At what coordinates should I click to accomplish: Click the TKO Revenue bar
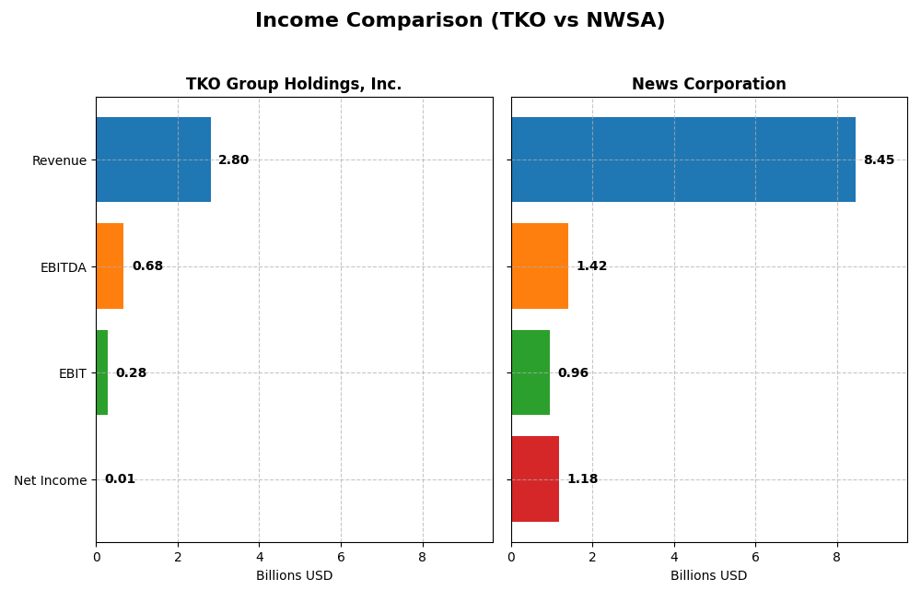coord(153,159)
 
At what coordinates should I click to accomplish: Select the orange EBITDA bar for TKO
coord(110,266)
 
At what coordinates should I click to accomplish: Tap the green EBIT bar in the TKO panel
coord(102,372)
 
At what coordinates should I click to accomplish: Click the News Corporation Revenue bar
coord(682,159)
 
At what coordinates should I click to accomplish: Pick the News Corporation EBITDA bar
coord(540,266)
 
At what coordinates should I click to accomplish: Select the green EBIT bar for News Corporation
coord(530,372)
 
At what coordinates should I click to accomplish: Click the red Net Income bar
coord(535,479)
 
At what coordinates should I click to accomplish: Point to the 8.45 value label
coord(879,160)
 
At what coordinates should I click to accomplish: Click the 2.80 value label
coord(233,160)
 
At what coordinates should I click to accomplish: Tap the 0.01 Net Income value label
coord(120,479)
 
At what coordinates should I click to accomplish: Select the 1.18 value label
coord(582,479)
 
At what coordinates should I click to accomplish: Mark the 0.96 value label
coord(573,373)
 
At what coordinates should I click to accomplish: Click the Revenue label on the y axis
coord(59,160)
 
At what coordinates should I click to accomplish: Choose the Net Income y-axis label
coord(50,480)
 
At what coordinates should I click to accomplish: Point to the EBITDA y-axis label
coord(63,267)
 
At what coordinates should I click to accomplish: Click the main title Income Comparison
coord(460,20)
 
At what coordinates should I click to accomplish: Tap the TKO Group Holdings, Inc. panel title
coord(294,85)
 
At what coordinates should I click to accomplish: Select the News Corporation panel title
coord(708,85)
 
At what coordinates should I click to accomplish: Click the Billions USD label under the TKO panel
coord(294,576)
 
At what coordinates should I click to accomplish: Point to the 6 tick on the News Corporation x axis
coord(755,558)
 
